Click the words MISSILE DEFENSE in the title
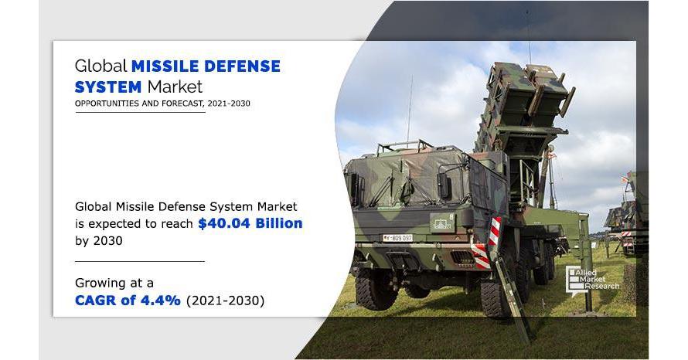[206, 66]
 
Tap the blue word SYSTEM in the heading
[108, 87]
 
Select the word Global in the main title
[101, 66]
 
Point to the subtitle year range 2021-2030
[229, 104]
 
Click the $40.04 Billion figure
[250, 223]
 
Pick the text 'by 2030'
[99, 241]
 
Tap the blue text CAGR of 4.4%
[128, 301]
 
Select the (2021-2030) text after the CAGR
[226, 301]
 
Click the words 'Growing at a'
[114, 284]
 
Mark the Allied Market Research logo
[592, 280]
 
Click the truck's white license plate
[397, 238]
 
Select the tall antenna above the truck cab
[410, 110]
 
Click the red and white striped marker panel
[495, 230]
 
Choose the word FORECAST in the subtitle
[181, 104]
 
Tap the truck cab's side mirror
[444, 186]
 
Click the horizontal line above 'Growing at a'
[139, 261]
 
